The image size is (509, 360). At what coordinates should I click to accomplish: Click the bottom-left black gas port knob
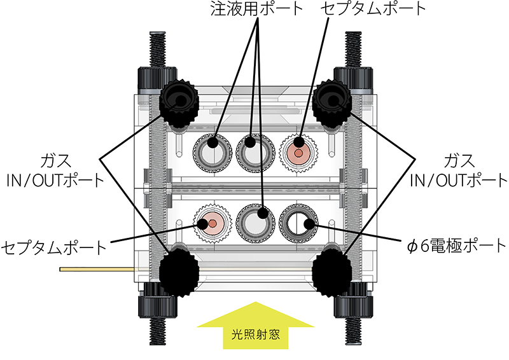179,272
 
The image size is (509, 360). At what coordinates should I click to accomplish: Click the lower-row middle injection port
255,223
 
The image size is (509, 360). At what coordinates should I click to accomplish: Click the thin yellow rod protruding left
95,270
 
